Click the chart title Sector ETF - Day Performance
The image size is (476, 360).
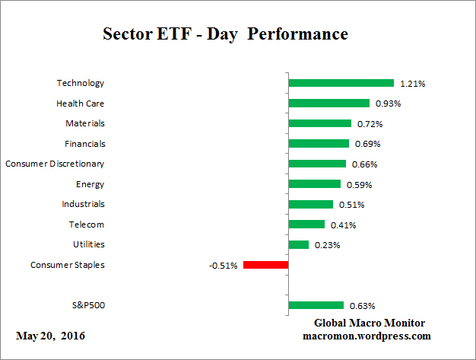tap(224, 35)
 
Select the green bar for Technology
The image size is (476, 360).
tap(341, 83)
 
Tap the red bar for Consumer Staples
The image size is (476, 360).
tap(265, 265)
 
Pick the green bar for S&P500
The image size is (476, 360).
tap(316, 305)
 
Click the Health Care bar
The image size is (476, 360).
tap(328, 103)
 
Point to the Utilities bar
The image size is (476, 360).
tap(299, 244)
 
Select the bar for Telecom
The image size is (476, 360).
tap(306, 225)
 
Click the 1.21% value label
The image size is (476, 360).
tap(414, 83)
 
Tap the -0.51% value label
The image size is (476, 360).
tap(224, 266)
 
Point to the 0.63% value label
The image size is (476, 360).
tap(363, 306)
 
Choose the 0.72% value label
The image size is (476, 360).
tap(371, 123)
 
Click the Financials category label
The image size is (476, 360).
tap(84, 143)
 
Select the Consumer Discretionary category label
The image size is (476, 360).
tap(55, 164)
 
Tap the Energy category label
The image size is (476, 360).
tap(90, 183)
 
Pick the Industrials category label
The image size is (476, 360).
tap(83, 204)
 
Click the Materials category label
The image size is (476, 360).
tap(85, 123)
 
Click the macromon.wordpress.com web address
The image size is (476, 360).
tap(367, 336)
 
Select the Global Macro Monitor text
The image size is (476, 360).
tap(370, 323)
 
